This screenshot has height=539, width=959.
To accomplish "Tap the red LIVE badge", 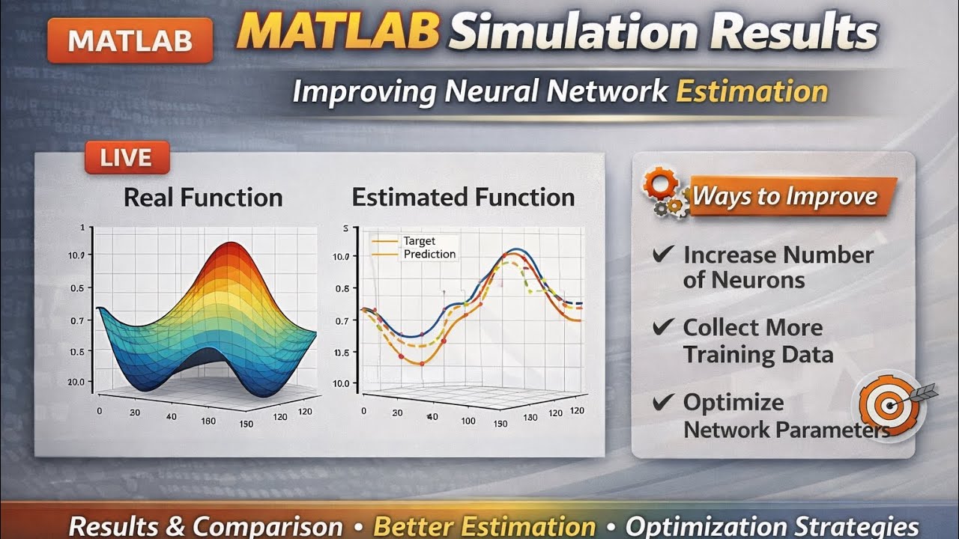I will [127, 157].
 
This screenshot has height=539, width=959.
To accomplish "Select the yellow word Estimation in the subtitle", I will [751, 91].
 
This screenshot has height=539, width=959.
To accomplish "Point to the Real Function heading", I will [203, 198].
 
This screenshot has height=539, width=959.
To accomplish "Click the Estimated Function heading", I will [463, 198].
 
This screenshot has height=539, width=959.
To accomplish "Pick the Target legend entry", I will [419, 241].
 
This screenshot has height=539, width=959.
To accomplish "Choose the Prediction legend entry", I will [429, 254].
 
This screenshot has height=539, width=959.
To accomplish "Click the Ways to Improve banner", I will [784, 197].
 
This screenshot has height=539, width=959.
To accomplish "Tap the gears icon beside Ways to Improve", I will [663, 193].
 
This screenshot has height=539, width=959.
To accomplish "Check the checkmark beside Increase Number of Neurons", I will [662, 255].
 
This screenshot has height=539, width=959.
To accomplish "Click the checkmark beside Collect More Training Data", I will [662, 327].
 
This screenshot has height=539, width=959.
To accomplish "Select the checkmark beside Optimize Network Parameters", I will [662, 402].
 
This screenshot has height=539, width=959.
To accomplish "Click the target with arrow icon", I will [889, 404].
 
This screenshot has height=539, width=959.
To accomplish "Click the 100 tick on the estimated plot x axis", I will [468, 421].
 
